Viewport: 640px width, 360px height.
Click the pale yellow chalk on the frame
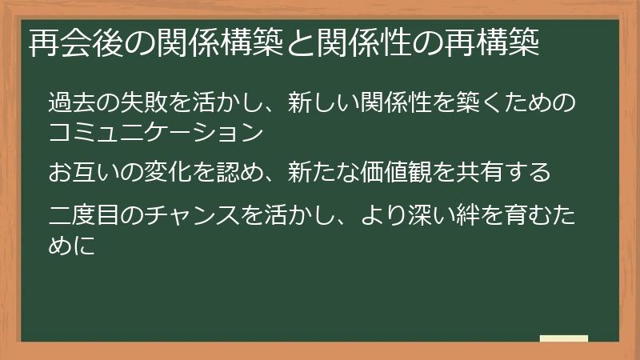pos(563,338)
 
